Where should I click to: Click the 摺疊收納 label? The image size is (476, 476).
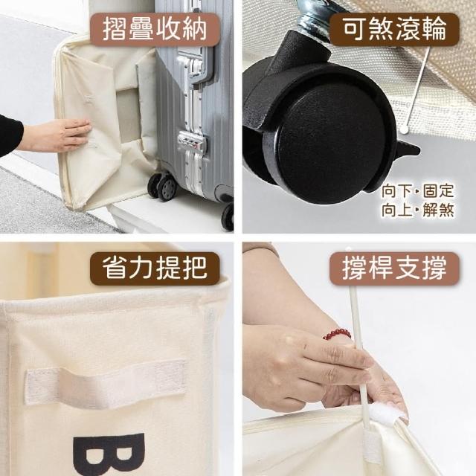pos(155,30)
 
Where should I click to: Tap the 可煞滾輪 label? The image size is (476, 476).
pos(394,29)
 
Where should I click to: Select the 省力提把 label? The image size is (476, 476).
pos(155,268)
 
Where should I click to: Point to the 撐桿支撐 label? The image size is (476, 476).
pos(394,268)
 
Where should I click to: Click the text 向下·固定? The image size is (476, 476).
pos(418,190)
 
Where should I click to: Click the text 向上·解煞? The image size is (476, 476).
pos(418,210)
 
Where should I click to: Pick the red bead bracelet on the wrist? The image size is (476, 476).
pos(337,334)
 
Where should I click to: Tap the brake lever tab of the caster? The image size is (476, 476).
pos(408,149)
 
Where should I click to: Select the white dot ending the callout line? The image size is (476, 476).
pos(404,130)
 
